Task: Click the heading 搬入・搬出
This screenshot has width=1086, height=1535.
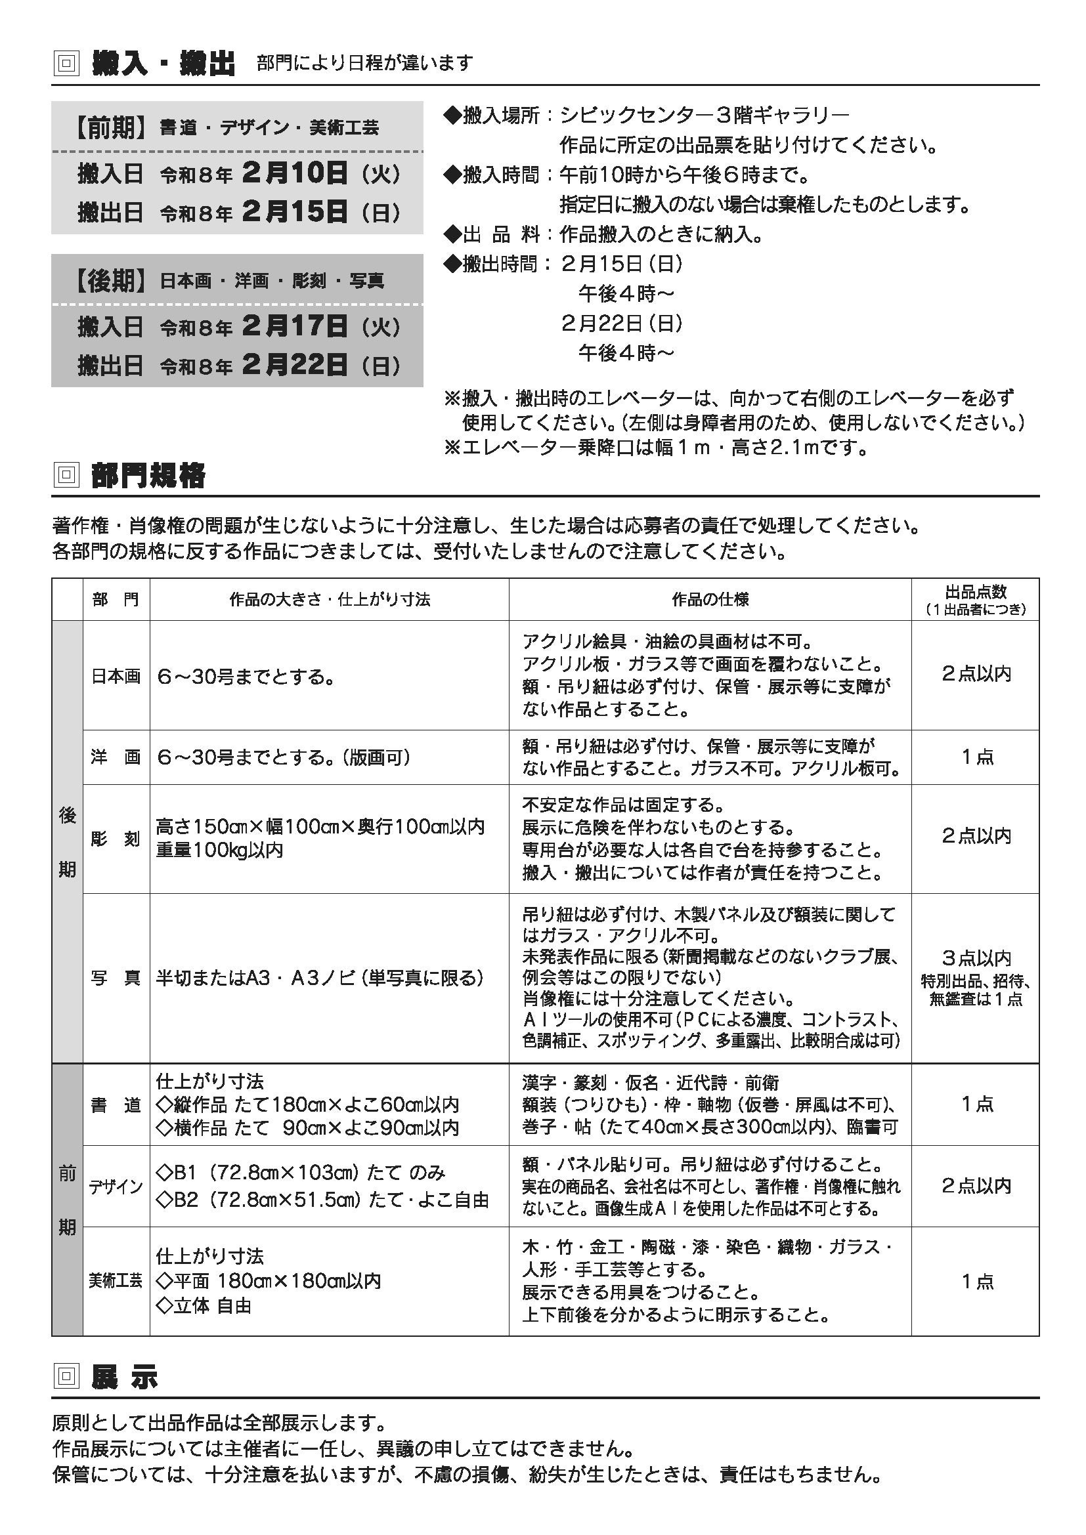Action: [x=163, y=64]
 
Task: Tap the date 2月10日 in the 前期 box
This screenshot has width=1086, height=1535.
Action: [x=295, y=174]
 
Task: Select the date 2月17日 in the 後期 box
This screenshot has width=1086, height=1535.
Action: [x=295, y=326]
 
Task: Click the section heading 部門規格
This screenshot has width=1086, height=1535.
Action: [x=148, y=475]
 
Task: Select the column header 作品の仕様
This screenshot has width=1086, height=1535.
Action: [x=710, y=599]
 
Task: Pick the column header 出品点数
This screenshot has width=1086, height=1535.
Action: [x=975, y=592]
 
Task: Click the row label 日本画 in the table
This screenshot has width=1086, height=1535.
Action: [x=116, y=677]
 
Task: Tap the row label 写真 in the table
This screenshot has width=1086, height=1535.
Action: [x=116, y=978]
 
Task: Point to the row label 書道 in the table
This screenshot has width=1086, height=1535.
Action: [x=116, y=1105]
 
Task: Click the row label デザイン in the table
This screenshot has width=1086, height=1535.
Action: [x=116, y=1187]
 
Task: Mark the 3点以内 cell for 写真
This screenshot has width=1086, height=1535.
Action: [x=976, y=958]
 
